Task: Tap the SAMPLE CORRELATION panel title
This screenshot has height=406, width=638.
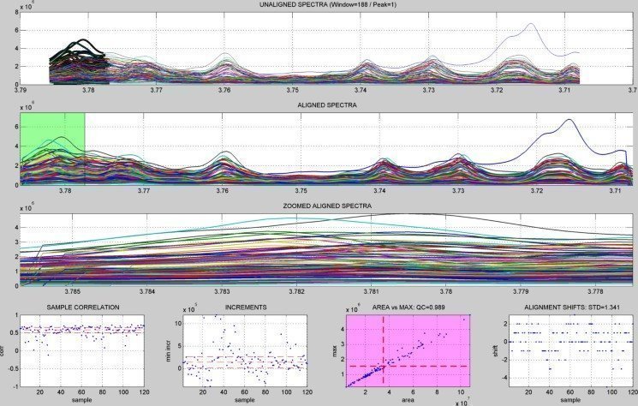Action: pos(85,307)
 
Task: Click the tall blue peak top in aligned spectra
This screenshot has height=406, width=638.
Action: pos(568,121)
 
